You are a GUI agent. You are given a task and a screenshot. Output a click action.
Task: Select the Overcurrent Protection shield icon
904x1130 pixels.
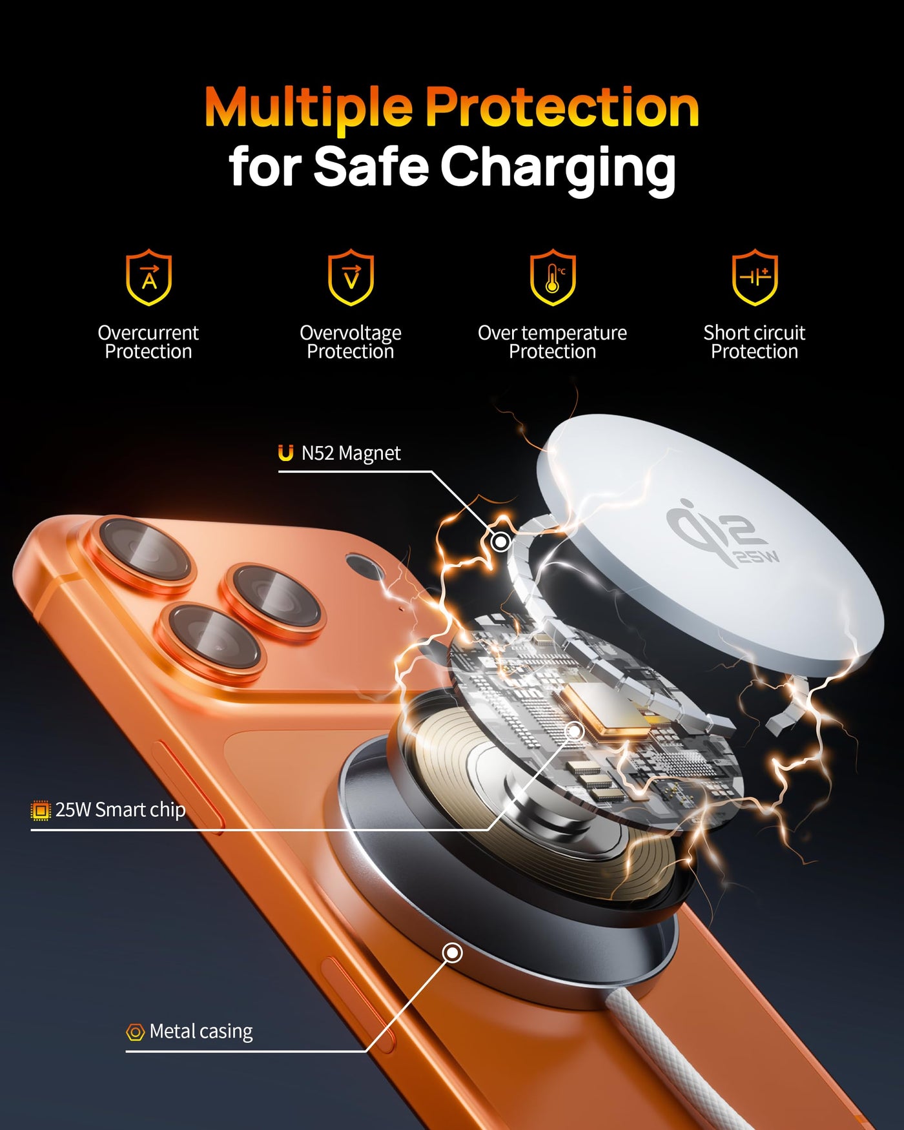149,277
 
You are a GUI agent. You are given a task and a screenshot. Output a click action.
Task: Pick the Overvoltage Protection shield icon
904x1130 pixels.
351,277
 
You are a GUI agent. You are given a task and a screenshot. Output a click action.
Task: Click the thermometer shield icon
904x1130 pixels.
553,277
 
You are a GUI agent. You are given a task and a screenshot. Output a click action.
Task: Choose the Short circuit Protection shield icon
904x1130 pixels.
755,277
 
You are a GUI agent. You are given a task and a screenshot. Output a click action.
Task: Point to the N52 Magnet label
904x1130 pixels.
351,453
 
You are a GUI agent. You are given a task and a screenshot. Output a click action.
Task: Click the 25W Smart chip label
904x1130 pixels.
120,810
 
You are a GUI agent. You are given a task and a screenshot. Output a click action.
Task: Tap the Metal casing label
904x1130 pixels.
201,1031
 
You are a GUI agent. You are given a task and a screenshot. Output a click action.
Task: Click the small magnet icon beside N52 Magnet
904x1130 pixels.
285,453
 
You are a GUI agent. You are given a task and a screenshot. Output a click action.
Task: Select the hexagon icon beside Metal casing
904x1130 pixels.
135,1032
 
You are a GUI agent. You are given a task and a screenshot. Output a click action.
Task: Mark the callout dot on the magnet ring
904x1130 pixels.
500,541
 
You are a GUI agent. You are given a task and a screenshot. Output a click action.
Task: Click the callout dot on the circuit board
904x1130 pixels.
574,731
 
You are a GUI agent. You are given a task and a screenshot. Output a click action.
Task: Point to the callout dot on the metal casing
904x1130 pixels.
453,952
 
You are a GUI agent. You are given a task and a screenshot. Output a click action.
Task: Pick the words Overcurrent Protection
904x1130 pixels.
149,342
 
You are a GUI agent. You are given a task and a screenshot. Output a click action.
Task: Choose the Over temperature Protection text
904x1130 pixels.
553,342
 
